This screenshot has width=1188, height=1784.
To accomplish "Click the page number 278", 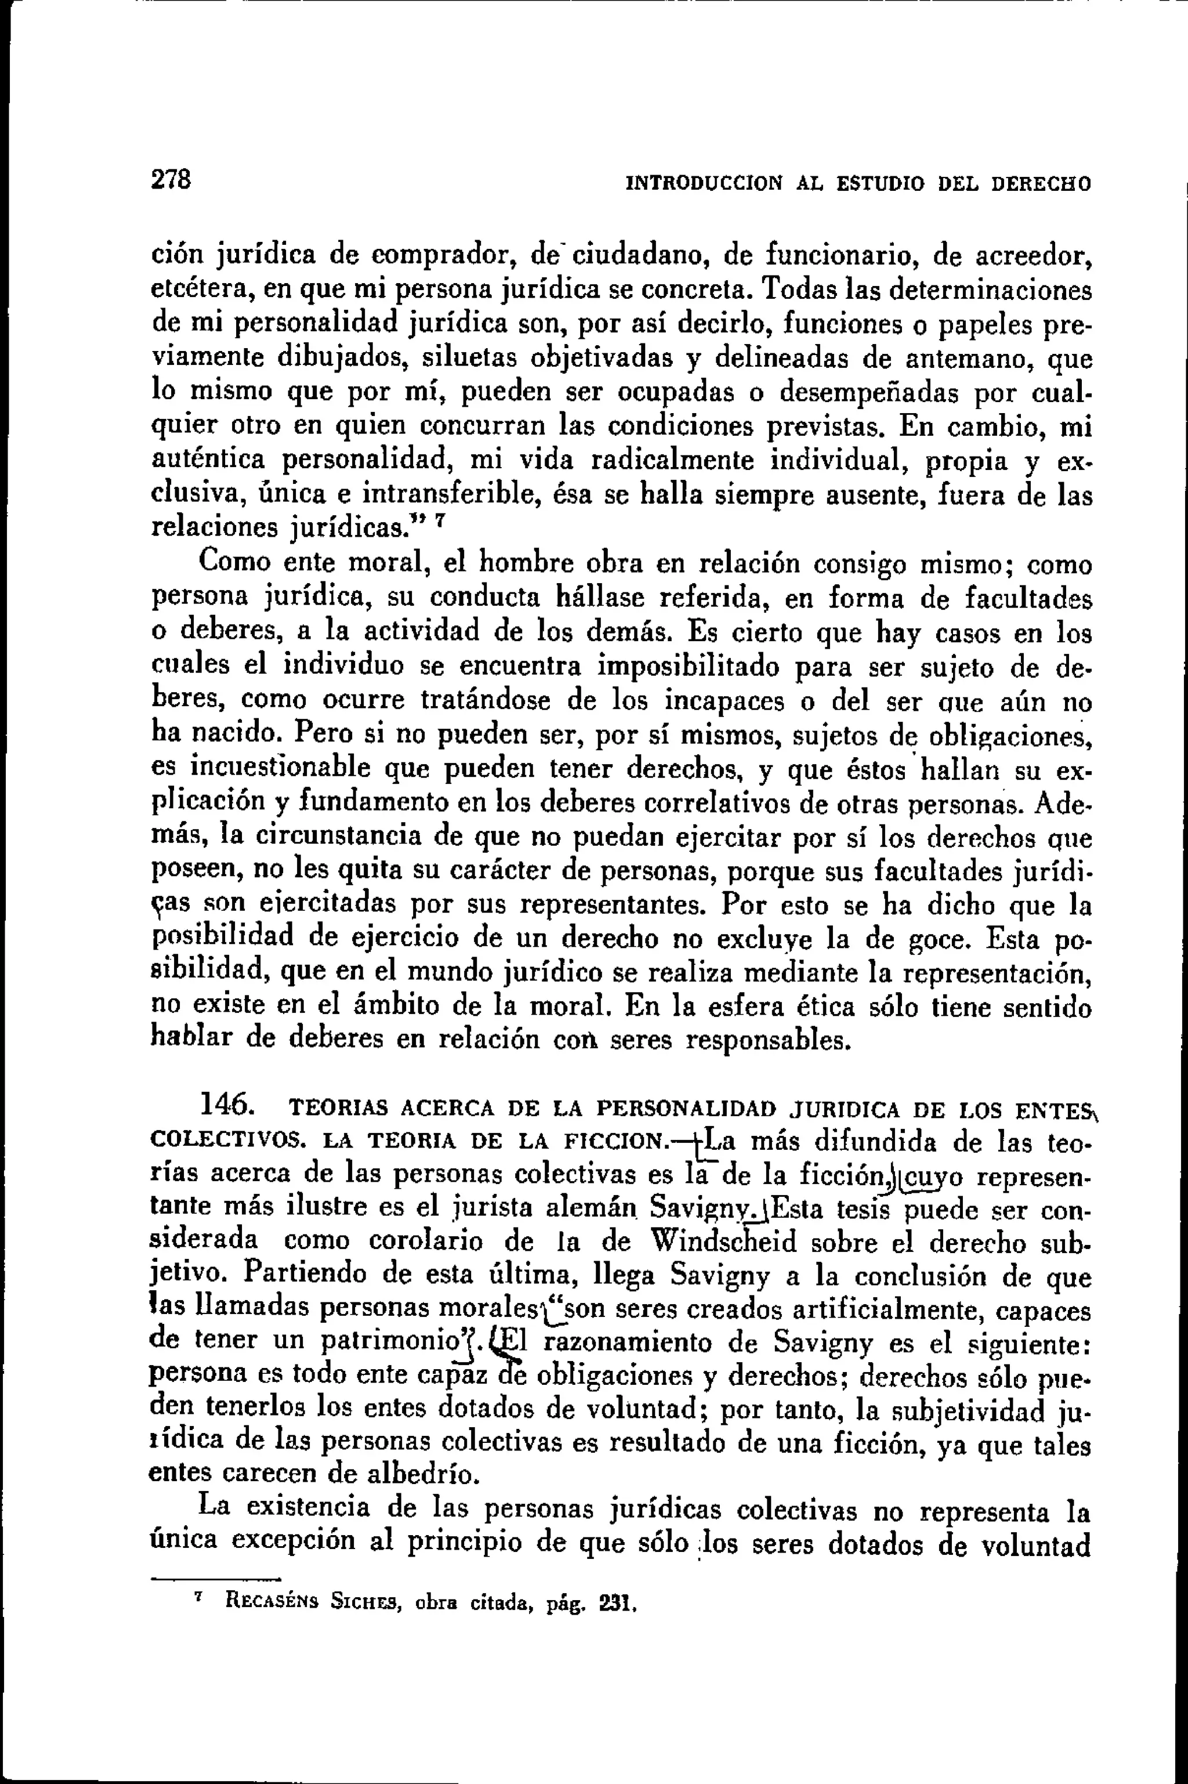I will (171, 180).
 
